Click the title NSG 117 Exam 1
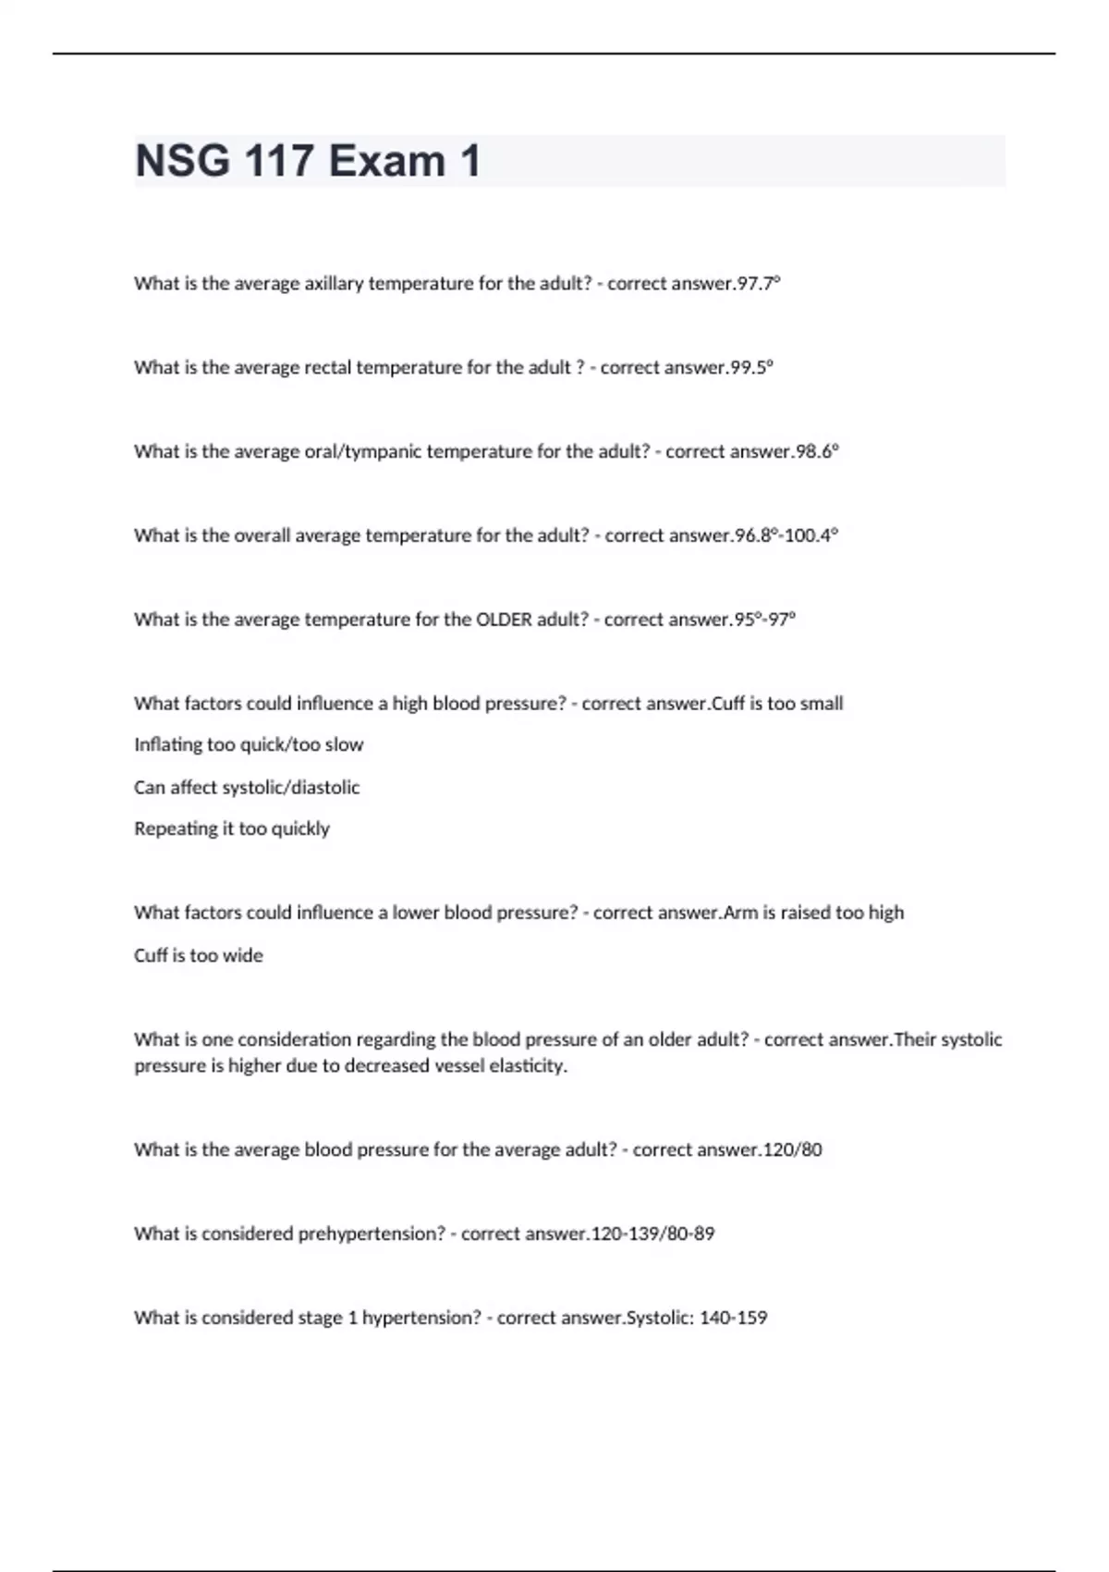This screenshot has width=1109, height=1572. tap(308, 161)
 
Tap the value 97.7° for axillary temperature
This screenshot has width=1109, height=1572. tap(759, 284)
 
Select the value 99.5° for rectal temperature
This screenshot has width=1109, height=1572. tap(751, 368)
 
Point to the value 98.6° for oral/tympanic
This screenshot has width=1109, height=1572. tap(817, 452)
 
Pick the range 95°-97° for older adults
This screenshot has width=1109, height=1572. tap(764, 620)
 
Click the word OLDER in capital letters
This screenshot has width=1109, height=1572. tap(504, 620)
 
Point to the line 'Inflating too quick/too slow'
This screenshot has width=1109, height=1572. tap(249, 745)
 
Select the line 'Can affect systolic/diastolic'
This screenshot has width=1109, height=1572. tap(247, 788)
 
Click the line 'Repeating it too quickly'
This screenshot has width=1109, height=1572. tap(232, 829)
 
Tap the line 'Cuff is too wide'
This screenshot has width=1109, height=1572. tap(199, 955)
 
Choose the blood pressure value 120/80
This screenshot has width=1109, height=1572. tap(793, 1150)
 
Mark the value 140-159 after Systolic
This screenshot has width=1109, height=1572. tap(734, 1318)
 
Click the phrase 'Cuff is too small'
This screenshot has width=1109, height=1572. tap(778, 704)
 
